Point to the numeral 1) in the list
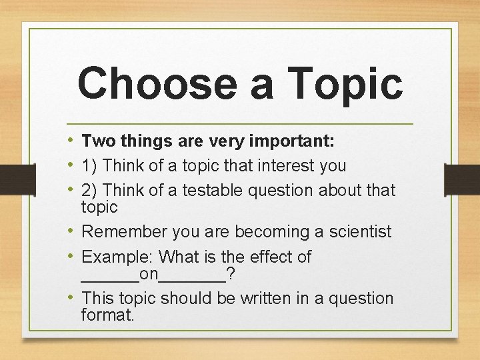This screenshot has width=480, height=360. [90, 165]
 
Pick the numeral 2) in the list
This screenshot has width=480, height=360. [90, 191]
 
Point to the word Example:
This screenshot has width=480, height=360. [118, 257]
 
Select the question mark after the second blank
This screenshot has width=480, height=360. [230, 273]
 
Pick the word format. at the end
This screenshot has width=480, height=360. [107, 314]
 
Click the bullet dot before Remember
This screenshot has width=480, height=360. [71, 232]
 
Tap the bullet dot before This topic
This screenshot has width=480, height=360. [71, 298]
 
